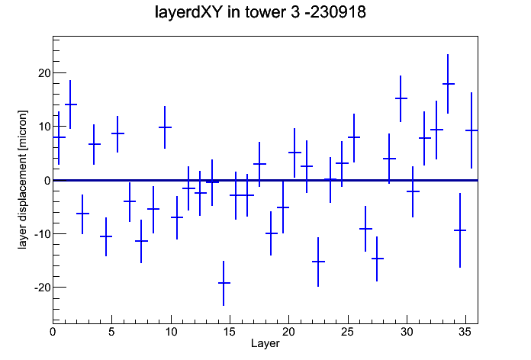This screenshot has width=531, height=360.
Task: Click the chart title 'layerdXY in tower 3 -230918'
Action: (260, 12)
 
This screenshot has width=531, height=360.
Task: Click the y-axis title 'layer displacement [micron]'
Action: (22, 179)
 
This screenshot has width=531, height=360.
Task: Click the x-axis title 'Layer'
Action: (265, 343)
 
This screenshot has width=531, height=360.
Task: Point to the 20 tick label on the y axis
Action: (44, 73)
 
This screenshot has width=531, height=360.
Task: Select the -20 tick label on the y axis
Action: (42, 288)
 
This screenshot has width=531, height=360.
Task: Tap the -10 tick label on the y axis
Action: (42, 233)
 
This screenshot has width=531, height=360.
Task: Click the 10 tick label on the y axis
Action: (44, 127)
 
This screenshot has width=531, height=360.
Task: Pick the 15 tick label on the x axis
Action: (230, 332)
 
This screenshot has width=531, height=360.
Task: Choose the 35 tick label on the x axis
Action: (465, 332)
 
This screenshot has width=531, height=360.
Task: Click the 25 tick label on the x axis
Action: (347, 332)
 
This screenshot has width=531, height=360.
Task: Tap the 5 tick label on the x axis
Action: (111, 332)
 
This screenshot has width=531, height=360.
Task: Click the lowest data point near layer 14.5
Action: (224, 283)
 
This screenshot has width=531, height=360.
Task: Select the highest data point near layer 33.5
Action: (448, 84)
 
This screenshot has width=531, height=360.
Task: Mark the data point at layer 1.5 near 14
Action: (70, 104)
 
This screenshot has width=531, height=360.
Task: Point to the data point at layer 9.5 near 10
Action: (165, 127)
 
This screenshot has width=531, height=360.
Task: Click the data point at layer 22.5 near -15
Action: (318, 262)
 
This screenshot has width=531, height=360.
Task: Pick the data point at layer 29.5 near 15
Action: (401, 98)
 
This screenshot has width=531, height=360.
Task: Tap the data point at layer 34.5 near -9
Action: (460, 230)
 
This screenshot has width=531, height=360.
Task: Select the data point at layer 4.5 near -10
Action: (106, 236)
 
